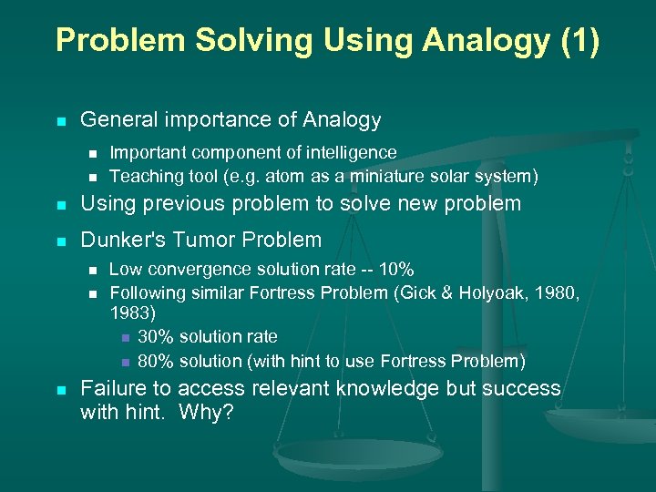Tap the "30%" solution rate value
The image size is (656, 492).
pyautogui.click(x=154, y=336)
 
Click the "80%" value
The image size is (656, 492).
pyautogui.click(x=154, y=360)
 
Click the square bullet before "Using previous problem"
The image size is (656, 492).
pyautogui.click(x=61, y=204)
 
